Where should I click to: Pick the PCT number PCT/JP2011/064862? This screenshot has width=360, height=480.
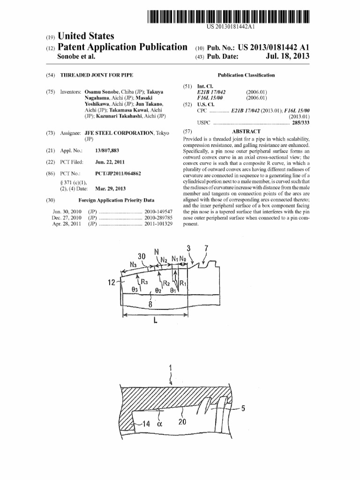[x=118, y=173]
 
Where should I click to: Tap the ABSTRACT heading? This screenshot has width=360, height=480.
[x=246, y=132]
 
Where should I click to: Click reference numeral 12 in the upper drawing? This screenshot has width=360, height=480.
[x=112, y=283]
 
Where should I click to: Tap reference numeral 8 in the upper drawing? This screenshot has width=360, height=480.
[x=150, y=304]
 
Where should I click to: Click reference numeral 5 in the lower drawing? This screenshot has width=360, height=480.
[x=243, y=408]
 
